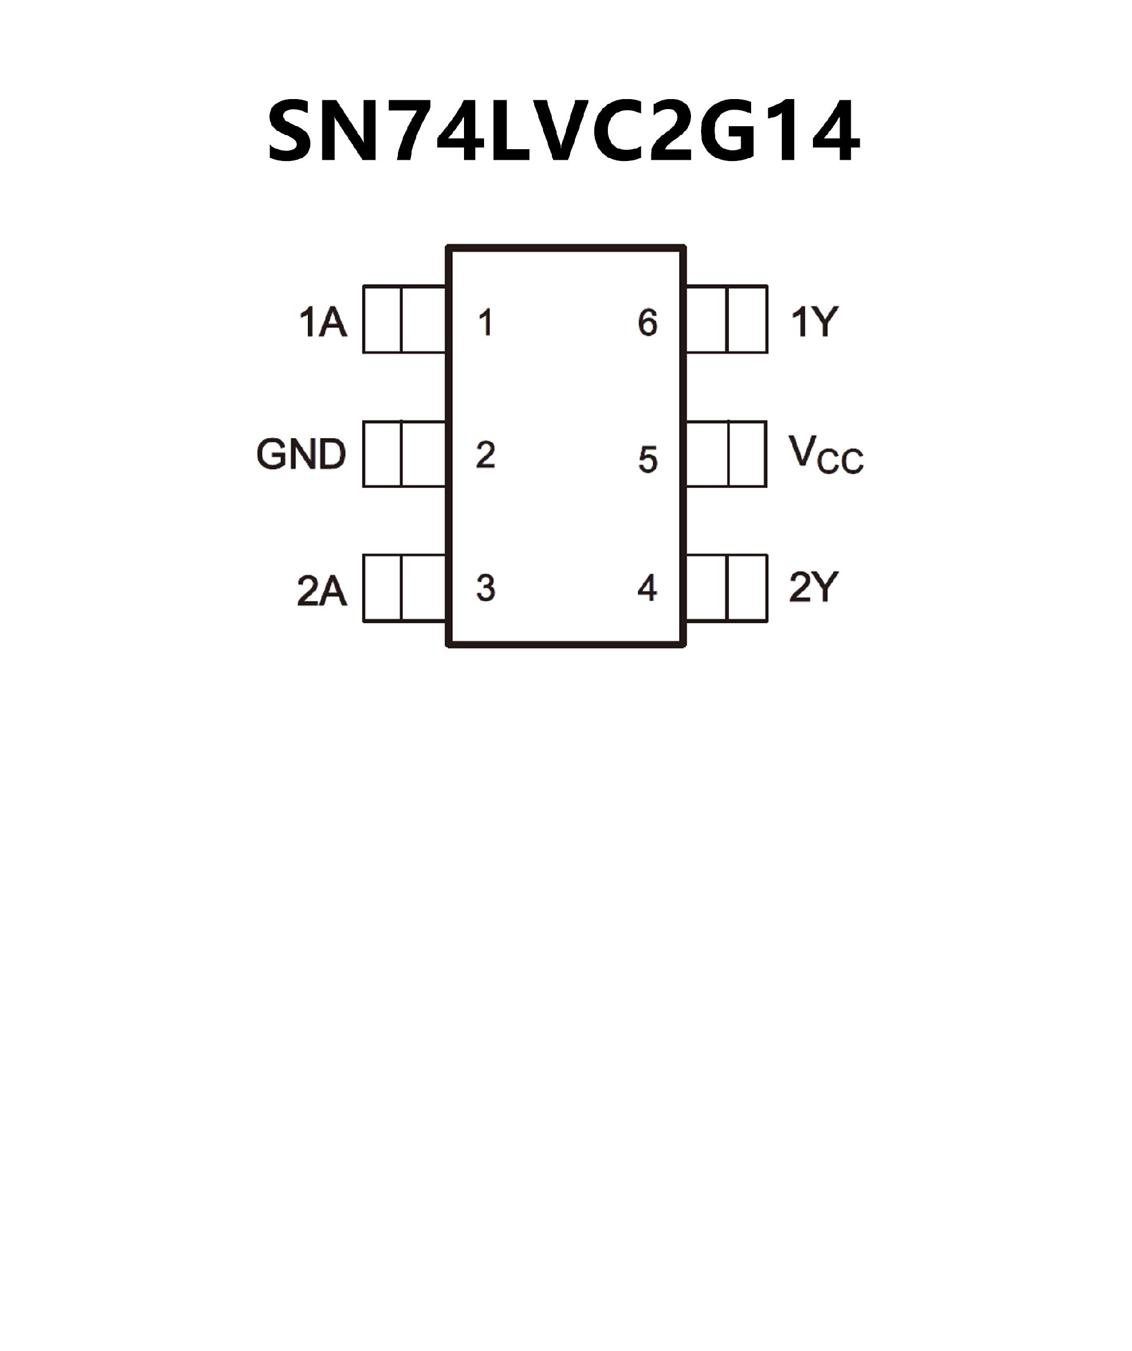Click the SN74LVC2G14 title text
pyautogui.click(x=564, y=132)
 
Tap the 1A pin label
pyautogui.click(x=323, y=323)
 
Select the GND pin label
pyautogui.click(x=301, y=454)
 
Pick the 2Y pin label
pyautogui.click(x=814, y=587)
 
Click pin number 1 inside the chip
pyautogui.click(x=486, y=323)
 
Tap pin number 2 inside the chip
pyautogui.click(x=486, y=455)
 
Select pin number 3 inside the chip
pyautogui.click(x=486, y=588)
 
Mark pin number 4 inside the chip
pyautogui.click(x=647, y=588)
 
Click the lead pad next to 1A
pyautogui.click(x=404, y=319)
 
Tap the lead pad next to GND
pyautogui.click(x=404, y=454)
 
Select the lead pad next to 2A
pyautogui.click(x=404, y=588)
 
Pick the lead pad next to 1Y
pyautogui.click(x=727, y=319)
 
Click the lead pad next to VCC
pyautogui.click(x=727, y=454)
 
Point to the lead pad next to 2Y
pyautogui.click(x=727, y=588)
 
